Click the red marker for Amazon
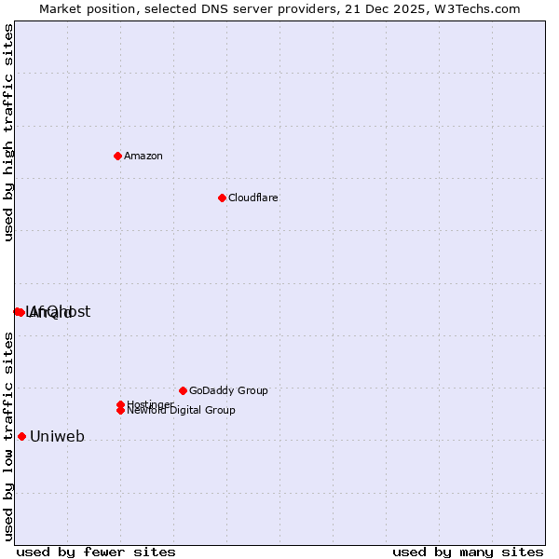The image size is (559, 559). click(117, 156)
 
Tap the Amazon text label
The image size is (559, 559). click(143, 156)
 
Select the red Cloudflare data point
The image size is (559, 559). click(222, 198)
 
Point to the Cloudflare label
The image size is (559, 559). click(253, 198)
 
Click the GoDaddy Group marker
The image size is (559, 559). click(183, 390)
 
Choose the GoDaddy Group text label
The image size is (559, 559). click(228, 390)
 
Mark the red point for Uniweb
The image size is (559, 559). click(21, 436)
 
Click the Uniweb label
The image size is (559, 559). click(58, 436)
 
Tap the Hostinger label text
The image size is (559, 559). click(150, 404)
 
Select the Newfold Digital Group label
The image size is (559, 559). click(181, 410)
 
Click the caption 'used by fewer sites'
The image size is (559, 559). click(96, 552)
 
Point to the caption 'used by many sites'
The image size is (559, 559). click(468, 552)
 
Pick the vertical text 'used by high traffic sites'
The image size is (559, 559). click(9, 132)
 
